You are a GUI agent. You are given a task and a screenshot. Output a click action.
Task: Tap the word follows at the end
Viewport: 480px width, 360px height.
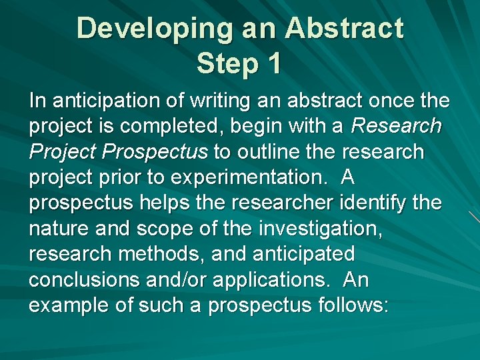[x=351, y=305]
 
